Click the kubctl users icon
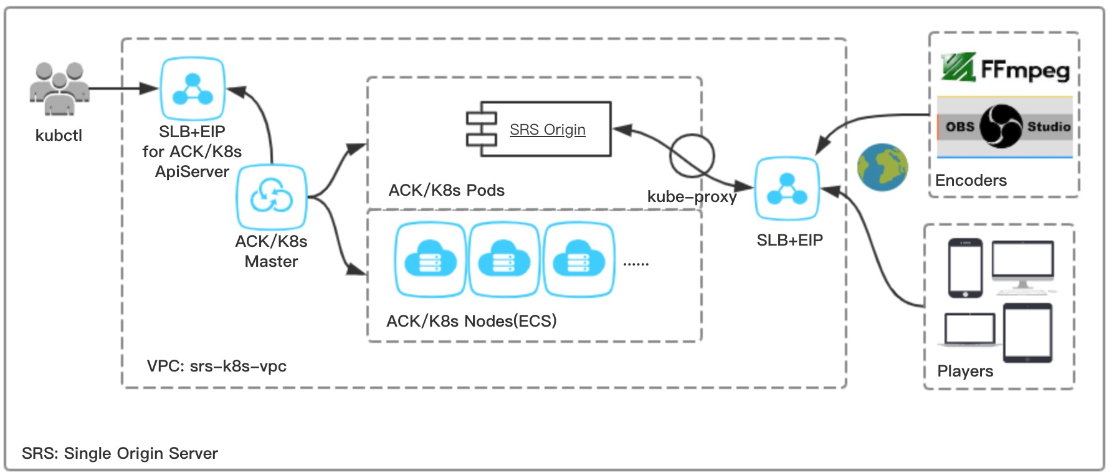click(59, 89)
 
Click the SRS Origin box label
click(547, 130)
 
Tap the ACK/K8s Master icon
click(271, 197)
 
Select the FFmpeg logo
click(1005, 68)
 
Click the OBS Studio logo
click(1004, 127)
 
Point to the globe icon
click(882, 167)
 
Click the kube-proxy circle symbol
click(692, 155)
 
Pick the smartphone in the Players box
click(965, 268)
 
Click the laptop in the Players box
click(969, 330)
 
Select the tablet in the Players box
click(1027, 333)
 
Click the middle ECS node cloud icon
click(504, 259)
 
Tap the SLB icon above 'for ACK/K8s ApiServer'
click(193, 89)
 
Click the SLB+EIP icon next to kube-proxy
click(787, 188)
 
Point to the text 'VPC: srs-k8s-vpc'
click(216, 366)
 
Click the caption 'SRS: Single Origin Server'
click(120, 453)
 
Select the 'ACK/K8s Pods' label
click(446, 190)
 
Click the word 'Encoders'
click(971, 181)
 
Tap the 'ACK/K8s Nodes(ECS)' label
click(471, 321)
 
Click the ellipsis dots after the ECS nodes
click(635, 264)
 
